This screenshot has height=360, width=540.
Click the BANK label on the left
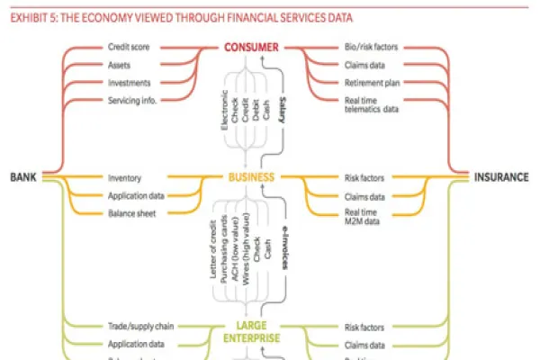[x=22, y=177]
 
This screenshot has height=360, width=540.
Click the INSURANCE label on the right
[x=501, y=177]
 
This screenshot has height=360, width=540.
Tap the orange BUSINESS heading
[x=251, y=177]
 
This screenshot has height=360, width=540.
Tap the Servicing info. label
[x=132, y=100]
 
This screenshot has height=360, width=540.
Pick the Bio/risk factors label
[x=370, y=46]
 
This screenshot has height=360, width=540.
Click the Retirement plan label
[x=371, y=82]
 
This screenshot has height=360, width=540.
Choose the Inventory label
[x=123, y=178]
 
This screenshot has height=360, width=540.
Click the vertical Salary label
[x=283, y=116]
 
